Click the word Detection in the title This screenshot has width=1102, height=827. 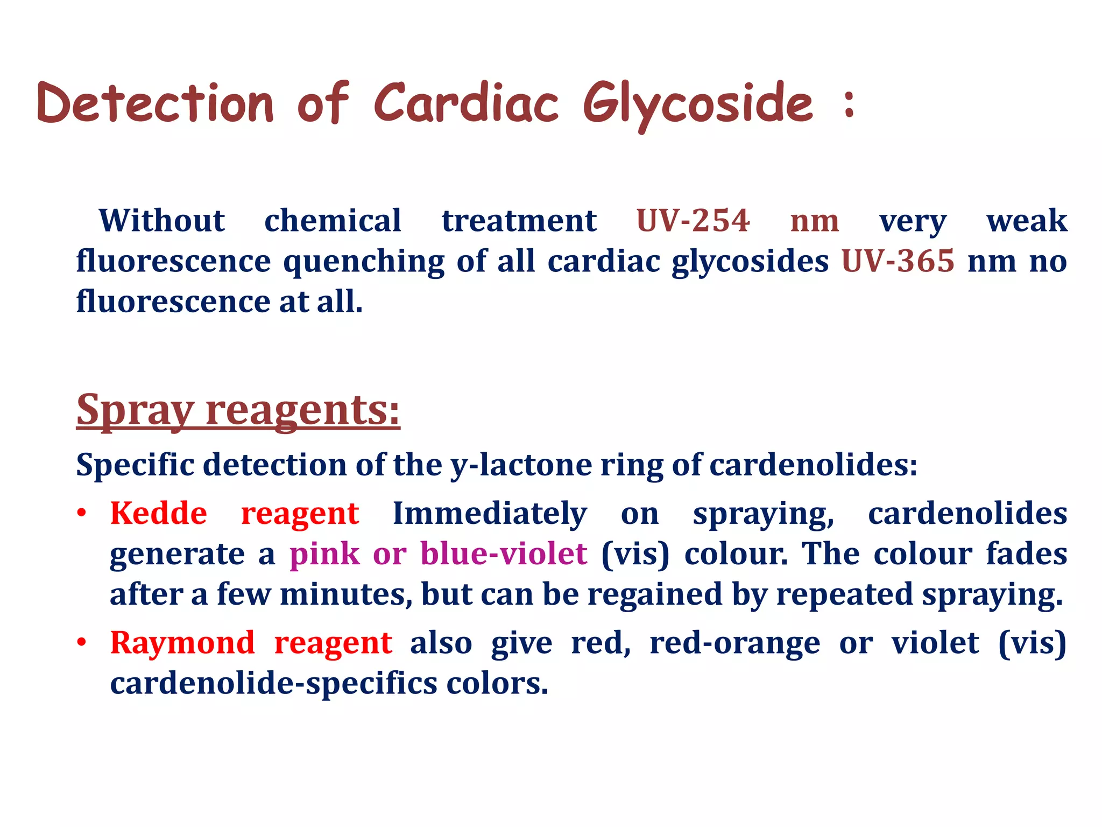pyautogui.click(x=156, y=103)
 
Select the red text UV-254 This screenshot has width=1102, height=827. pyautogui.click(x=693, y=221)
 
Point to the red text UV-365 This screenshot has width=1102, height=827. pyautogui.click(x=898, y=261)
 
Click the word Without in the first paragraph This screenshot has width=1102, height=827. pyautogui.click(x=161, y=221)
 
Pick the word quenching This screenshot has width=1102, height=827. pyautogui.click(x=363, y=262)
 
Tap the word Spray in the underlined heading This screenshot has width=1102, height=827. pyautogui.click(x=135, y=410)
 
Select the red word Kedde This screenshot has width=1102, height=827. pyautogui.click(x=158, y=513)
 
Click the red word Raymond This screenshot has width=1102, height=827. pyautogui.click(x=182, y=643)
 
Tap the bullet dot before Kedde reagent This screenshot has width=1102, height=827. pyautogui.click(x=81, y=513)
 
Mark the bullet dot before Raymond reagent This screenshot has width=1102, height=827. pyautogui.click(x=81, y=643)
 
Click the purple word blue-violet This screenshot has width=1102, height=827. pyautogui.click(x=503, y=554)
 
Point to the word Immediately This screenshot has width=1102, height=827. pyautogui.click(x=490, y=513)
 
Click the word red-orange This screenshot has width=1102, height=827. pyautogui.click(x=734, y=643)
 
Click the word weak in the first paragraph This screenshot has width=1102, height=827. pyautogui.click(x=1026, y=221)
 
